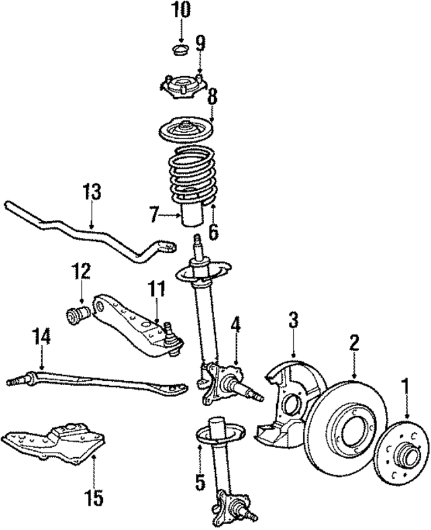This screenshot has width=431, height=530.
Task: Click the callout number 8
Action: (x=212, y=96)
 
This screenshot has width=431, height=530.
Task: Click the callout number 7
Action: (x=154, y=216)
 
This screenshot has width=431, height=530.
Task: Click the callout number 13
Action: (x=92, y=192)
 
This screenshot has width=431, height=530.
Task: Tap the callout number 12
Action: (x=81, y=273)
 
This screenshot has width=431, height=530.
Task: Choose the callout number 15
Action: (x=94, y=498)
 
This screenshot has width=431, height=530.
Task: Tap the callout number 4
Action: (x=235, y=324)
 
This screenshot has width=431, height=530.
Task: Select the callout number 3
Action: (x=293, y=320)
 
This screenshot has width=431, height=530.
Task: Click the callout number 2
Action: (x=354, y=344)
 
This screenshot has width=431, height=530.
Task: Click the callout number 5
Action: (x=199, y=481)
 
